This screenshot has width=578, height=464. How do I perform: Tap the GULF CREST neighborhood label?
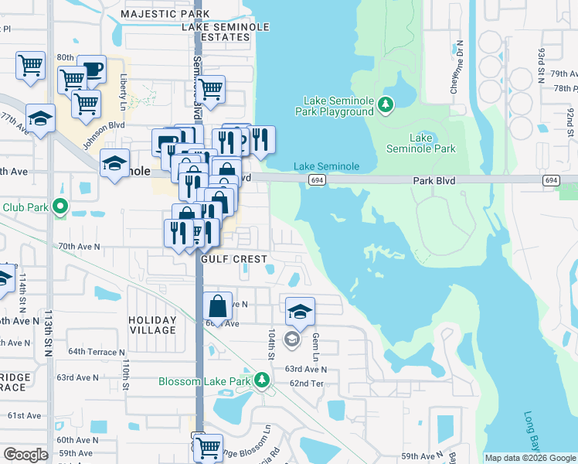click(234, 259)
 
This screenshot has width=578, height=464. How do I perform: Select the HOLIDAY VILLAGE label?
click(152, 325)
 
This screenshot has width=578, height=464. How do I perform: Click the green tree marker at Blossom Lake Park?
click(262, 380)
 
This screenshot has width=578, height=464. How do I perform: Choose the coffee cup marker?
click(91, 70)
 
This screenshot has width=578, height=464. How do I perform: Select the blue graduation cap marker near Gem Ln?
click(300, 312)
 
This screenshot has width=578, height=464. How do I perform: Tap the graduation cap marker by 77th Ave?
click(40, 118)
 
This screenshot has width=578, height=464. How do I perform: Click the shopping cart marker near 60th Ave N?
click(207, 446)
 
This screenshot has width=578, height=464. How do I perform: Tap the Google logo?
click(25, 455)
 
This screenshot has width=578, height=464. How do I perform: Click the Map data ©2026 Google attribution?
click(529, 458)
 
